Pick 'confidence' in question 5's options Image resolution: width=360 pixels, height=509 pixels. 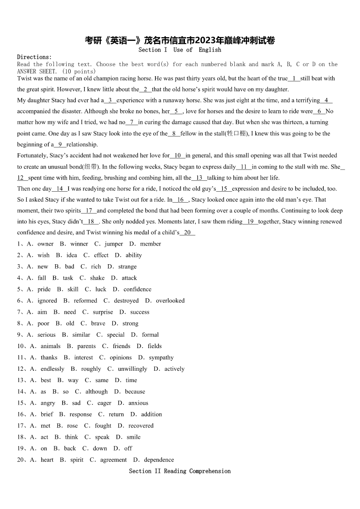tap(137, 289)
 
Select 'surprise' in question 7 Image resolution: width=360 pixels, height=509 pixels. tap(103, 312)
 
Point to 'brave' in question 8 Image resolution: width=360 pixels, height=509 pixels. tap(98, 323)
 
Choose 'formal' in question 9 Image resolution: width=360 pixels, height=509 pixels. tap(150, 334)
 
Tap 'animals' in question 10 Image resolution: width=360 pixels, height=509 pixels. tap(50, 346)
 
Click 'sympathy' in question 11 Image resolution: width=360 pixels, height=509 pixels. tap(161, 358)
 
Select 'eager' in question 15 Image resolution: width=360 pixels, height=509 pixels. tap(104, 403)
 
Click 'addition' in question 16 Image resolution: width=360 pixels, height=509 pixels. tap(151, 414)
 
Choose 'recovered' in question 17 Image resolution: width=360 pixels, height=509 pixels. tap(141, 426)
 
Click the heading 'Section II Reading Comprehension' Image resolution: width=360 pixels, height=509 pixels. tap(180, 471)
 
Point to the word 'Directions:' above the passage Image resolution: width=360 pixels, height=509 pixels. tap(34, 57)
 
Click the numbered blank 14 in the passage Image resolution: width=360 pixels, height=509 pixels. tap(60, 189)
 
